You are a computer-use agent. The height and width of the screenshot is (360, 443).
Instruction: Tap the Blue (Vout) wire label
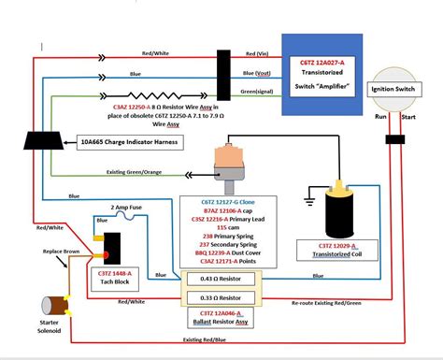[x=263, y=72]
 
